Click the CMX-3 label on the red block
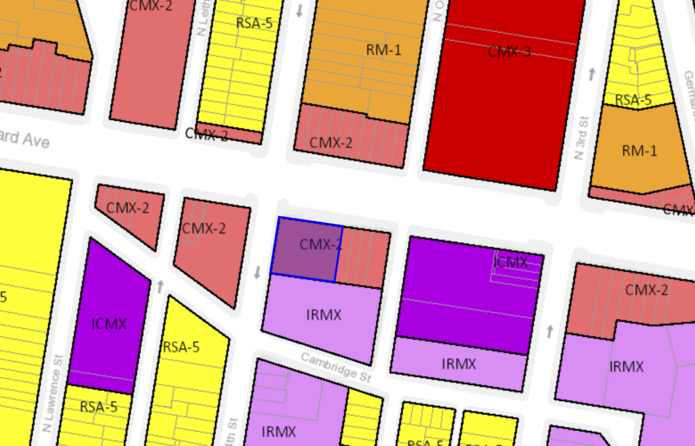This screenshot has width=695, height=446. pos(508,52)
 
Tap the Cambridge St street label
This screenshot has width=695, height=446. pos(337,367)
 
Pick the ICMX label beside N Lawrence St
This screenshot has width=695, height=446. pos(109,323)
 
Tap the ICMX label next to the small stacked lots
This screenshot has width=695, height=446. pos(511,262)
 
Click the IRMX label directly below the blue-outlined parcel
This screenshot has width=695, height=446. pos(324,315)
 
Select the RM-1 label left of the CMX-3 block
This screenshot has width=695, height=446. pos(384,50)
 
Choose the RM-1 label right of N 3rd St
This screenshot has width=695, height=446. pos(639,151)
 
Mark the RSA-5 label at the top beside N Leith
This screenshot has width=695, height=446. pos(254,23)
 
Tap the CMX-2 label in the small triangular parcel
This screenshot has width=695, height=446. pos(128,208)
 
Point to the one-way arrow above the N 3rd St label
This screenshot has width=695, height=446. pos(592,73)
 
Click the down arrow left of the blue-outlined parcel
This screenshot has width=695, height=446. pos(257,273)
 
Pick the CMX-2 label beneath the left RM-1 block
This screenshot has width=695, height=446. pos(331,143)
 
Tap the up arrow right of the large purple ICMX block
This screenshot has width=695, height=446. pos(550,331)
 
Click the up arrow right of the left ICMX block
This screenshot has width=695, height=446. pos(160,286)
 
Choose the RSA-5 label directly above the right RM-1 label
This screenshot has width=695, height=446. pos(633,100)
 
